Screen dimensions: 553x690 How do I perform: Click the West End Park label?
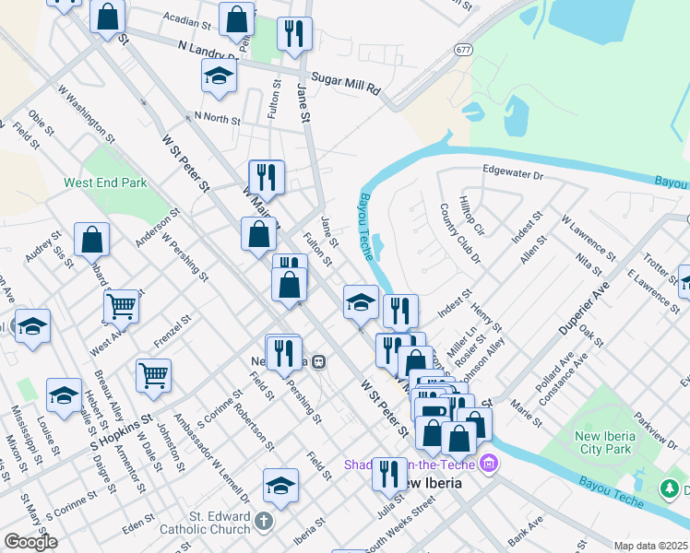point(105,183)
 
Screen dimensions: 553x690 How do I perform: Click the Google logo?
point(30,542)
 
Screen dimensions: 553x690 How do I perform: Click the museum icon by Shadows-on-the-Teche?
point(491,464)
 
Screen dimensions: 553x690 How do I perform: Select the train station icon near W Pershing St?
point(318,360)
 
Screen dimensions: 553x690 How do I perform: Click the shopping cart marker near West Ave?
point(122,305)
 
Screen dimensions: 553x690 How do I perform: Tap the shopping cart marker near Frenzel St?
point(153,373)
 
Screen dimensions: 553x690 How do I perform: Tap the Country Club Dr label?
point(459,233)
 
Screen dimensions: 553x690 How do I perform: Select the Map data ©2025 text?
point(650,546)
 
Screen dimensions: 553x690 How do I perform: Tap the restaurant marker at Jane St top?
point(294,34)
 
